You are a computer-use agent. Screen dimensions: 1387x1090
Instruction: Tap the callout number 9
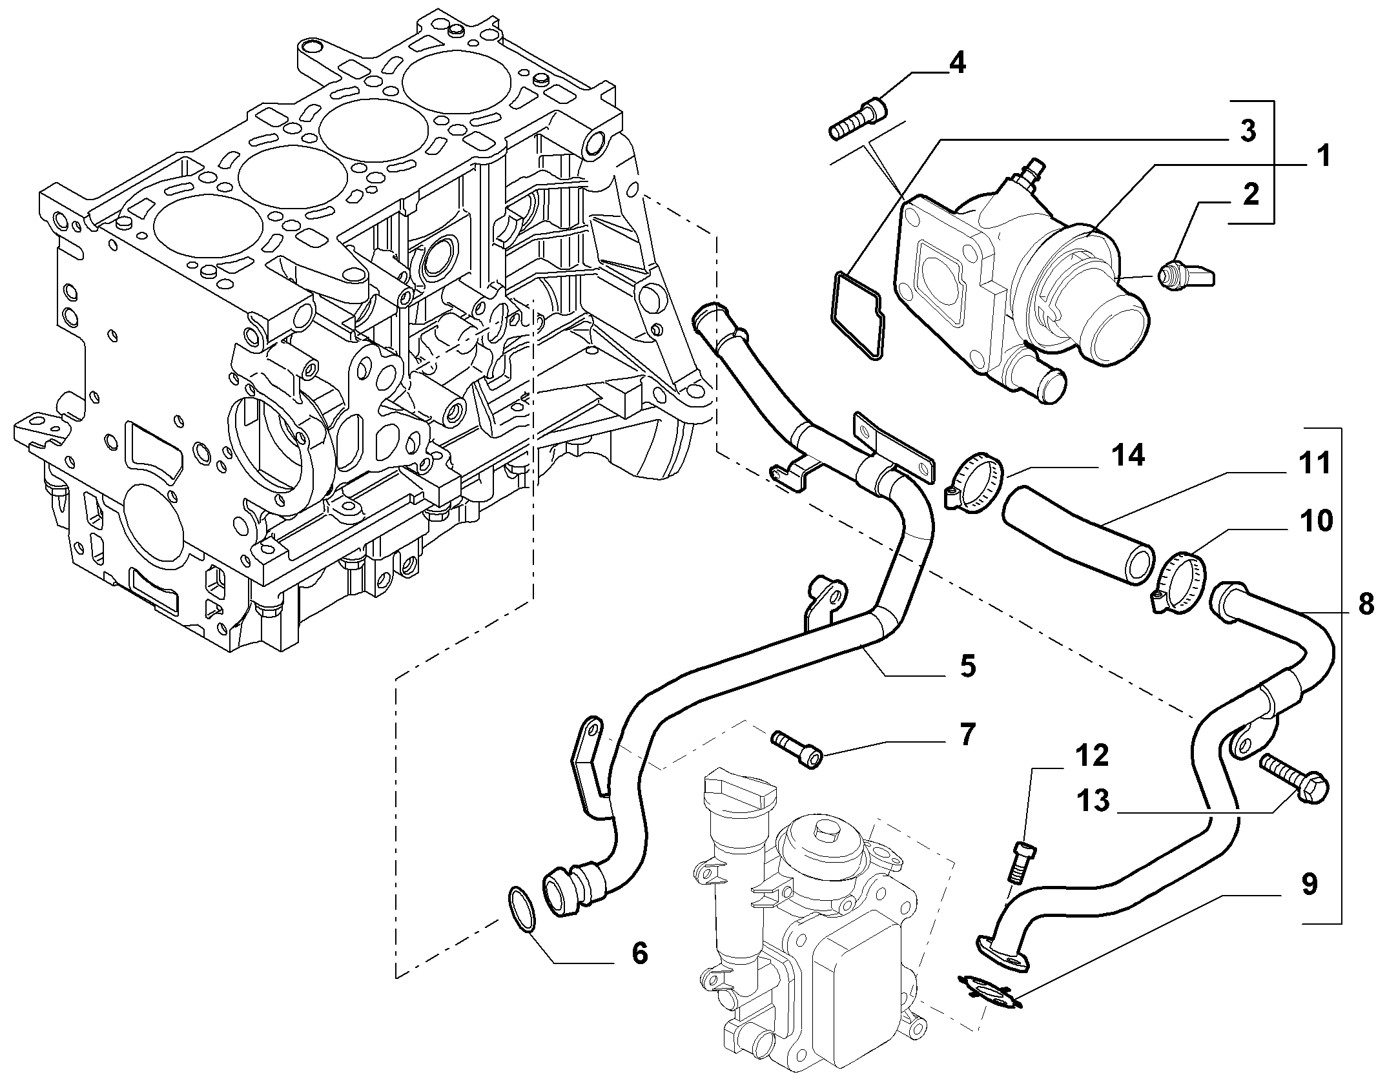(1309, 885)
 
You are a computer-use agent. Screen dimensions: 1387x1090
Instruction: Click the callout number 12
(1091, 755)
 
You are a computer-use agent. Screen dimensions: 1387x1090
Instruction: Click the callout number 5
(967, 665)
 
